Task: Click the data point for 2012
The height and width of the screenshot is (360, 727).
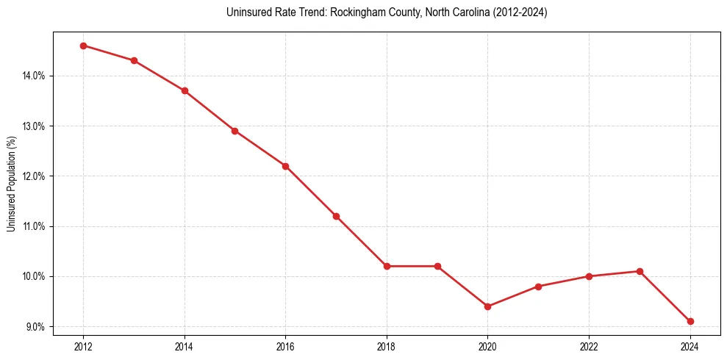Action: point(83,46)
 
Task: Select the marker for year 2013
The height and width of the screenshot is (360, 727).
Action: point(134,60)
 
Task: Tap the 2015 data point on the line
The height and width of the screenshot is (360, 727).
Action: point(234,131)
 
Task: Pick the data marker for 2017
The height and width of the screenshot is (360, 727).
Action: point(336,216)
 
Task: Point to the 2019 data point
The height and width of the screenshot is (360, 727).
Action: point(437,266)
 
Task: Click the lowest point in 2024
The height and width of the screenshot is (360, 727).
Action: point(690,321)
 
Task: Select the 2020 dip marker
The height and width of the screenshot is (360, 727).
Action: point(488,306)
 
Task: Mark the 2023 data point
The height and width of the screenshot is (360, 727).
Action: point(640,271)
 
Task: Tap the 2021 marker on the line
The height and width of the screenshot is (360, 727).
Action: point(538,287)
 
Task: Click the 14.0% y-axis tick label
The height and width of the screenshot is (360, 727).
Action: point(35,76)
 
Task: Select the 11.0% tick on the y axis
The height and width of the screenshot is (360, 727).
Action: point(35,226)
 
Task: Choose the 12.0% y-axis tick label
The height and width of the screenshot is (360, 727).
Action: point(35,176)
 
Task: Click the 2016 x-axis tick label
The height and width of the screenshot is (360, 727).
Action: point(285,345)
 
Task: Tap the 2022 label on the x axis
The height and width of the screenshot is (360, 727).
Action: point(589,345)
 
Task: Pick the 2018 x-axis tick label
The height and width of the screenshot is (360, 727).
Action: point(387,345)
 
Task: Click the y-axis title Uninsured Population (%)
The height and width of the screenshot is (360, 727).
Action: point(12,184)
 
